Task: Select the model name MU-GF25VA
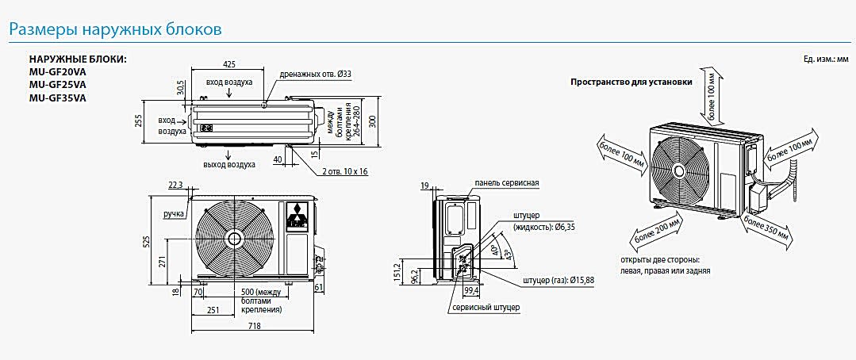[x=59, y=85]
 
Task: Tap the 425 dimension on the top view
[x=229, y=63]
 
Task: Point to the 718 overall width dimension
[x=253, y=326]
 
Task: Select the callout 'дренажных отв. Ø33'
[x=315, y=74]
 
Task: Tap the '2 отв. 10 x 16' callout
[x=345, y=171]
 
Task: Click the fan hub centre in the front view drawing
[x=234, y=238]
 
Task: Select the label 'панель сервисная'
[x=507, y=183]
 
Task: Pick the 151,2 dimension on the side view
[x=403, y=271]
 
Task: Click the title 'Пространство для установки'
[x=631, y=82]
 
